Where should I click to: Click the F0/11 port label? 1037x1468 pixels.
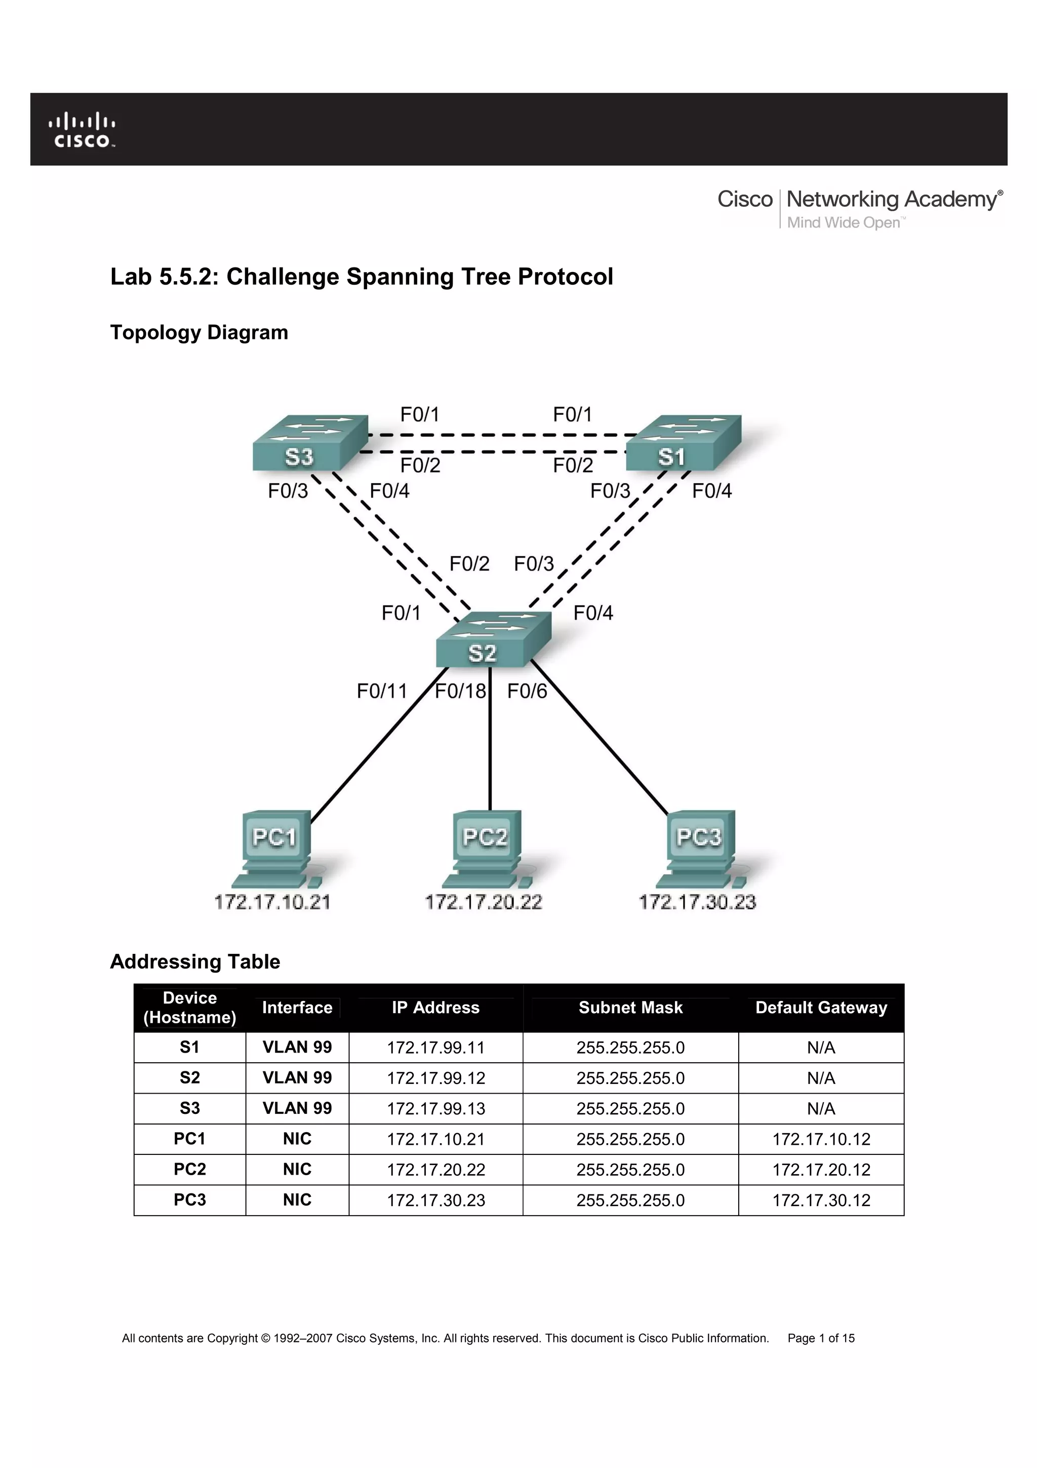tap(381, 691)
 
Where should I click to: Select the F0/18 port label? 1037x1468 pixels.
tap(460, 691)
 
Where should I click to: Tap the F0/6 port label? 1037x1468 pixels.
tap(527, 691)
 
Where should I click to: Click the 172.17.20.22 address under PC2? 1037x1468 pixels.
tap(484, 902)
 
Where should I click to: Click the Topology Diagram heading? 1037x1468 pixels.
tap(198, 332)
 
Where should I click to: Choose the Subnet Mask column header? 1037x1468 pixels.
tap(630, 1008)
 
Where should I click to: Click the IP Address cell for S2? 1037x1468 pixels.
tap(436, 1078)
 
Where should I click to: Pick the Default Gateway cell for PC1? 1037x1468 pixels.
tap(821, 1139)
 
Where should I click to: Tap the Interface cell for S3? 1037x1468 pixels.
tap(297, 1108)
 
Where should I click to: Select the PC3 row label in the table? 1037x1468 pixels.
tap(190, 1200)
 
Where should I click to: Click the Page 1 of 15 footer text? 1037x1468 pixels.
tap(821, 1338)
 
